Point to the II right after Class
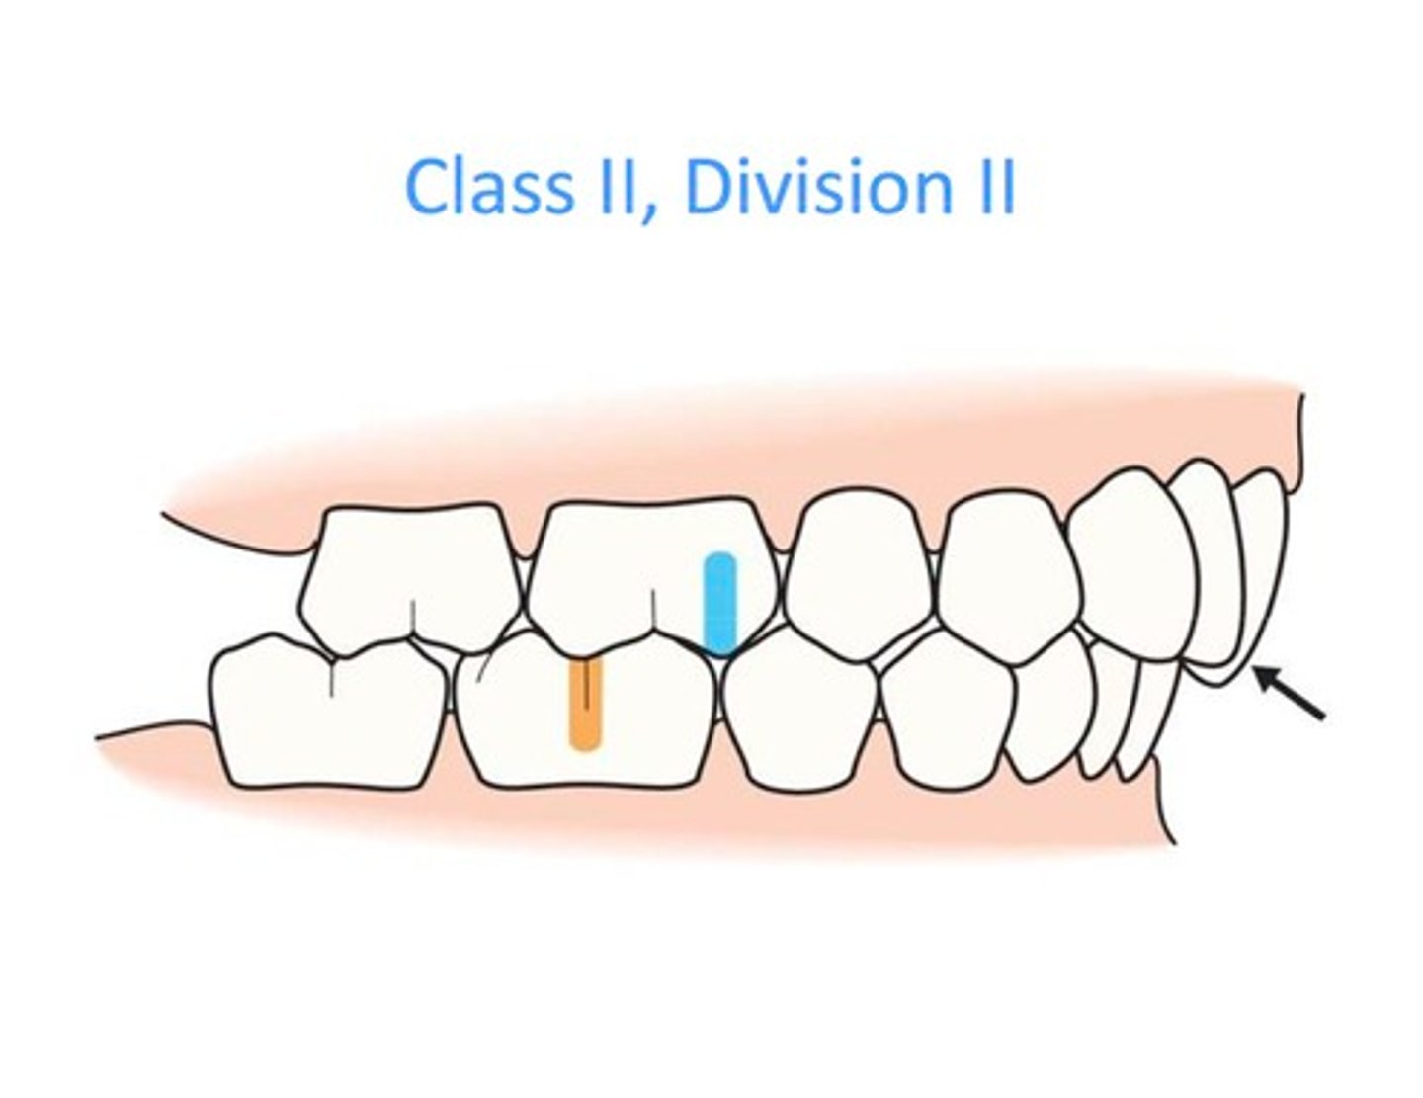[x=615, y=187]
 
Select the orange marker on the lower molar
[x=586, y=705]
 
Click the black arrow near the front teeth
[x=1290, y=693]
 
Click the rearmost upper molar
[x=410, y=578]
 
